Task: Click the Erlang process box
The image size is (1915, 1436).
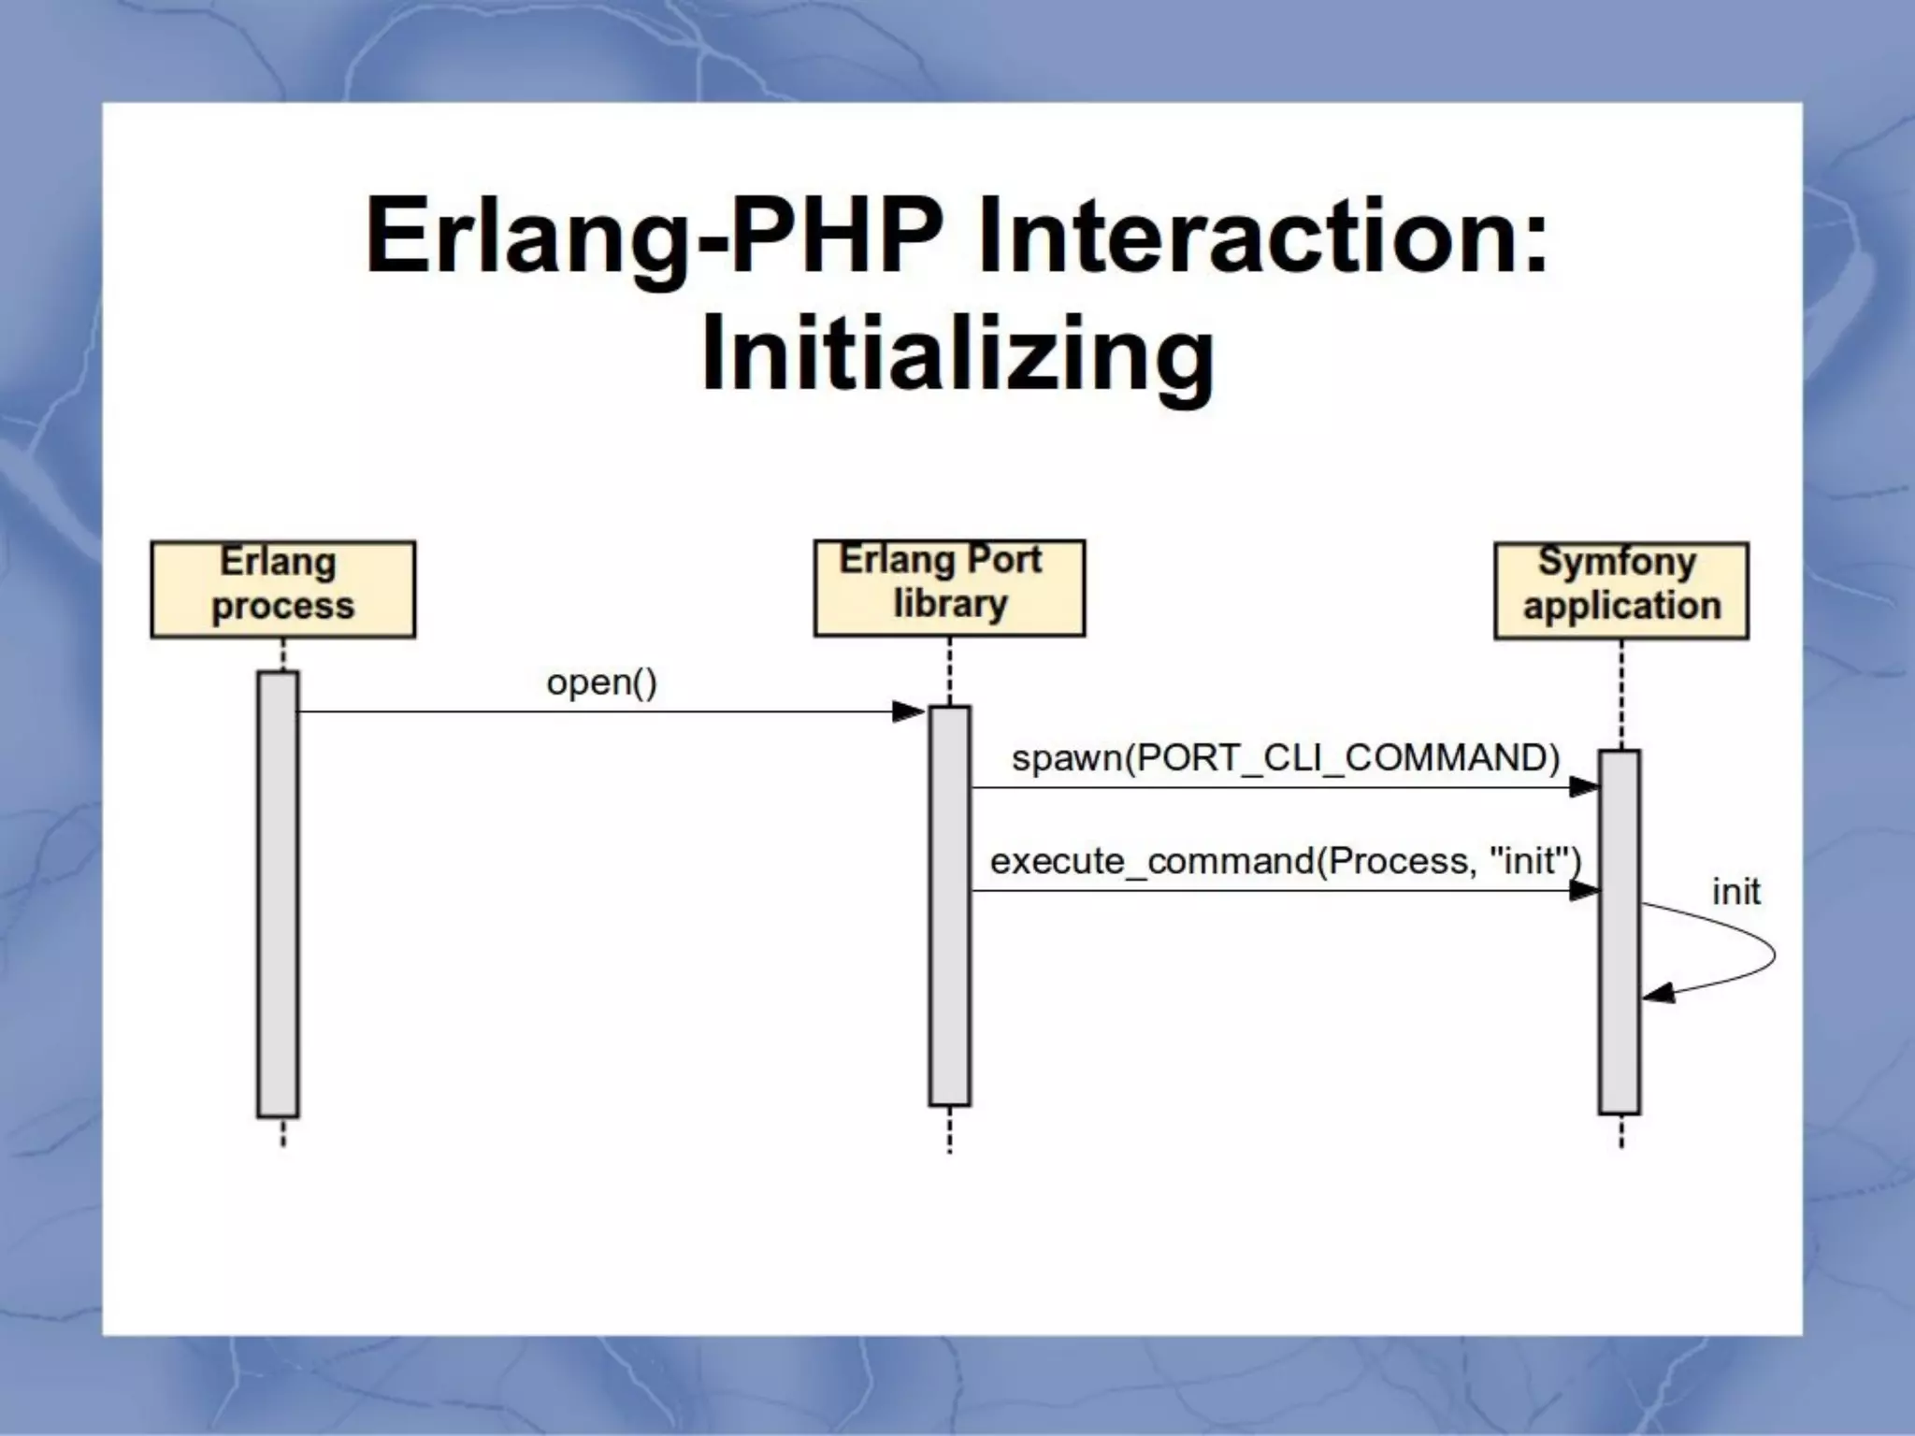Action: (x=282, y=589)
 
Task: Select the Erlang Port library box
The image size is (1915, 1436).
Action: (x=949, y=587)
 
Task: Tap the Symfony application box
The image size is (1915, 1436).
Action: (x=1620, y=590)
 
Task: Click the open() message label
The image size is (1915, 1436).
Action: (x=601, y=682)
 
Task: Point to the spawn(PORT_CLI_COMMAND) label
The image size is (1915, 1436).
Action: (x=1286, y=757)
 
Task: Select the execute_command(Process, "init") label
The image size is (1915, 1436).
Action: (x=1285, y=860)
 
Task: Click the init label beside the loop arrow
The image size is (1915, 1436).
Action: (x=1735, y=891)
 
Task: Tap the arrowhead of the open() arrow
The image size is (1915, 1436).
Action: (x=908, y=712)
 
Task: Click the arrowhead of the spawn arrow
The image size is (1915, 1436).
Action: (x=1582, y=787)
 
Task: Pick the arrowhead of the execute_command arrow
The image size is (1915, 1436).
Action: (x=1582, y=891)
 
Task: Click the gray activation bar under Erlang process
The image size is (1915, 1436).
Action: (x=278, y=893)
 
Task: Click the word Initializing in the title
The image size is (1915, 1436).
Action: (x=957, y=353)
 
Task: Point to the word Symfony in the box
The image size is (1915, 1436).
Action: (x=1617, y=561)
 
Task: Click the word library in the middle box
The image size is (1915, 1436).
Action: (x=950, y=603)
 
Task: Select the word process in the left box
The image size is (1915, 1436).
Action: (x=282, y=606)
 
